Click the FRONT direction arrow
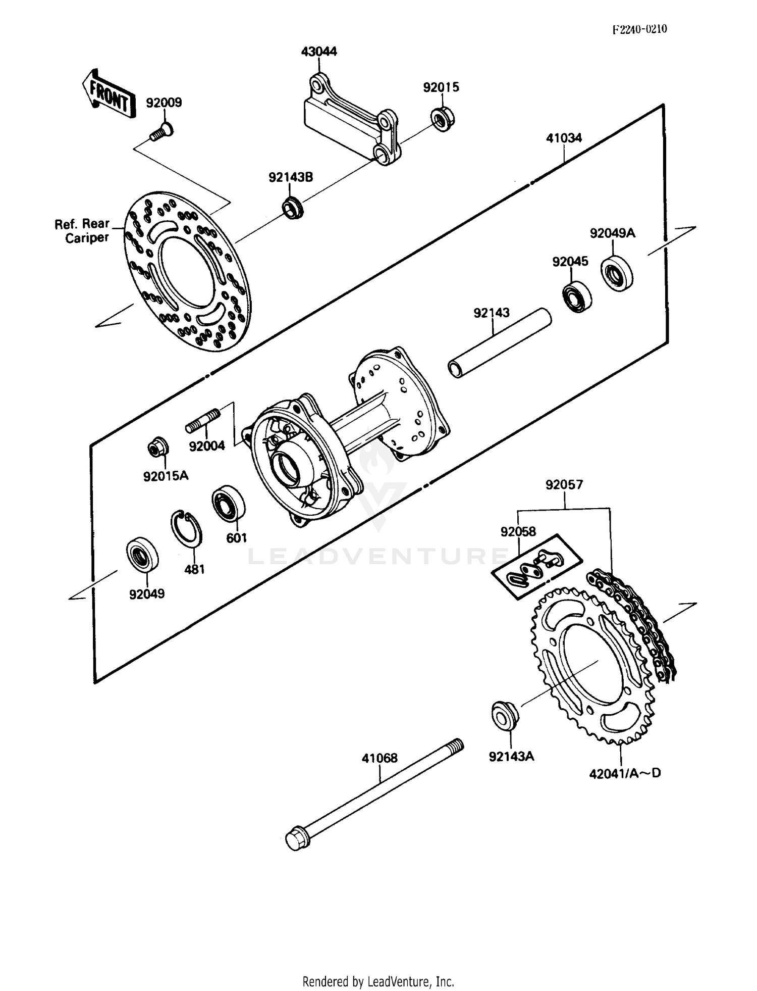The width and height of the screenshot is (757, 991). (x=109, y=92)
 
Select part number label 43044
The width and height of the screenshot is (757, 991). (x=319, y=52)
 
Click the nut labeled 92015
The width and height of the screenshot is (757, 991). (x=443, y=120)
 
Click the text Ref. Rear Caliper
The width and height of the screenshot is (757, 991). (x=82, y=231)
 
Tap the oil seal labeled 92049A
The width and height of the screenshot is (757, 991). (x=617, y=273)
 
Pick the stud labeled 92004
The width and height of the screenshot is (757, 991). (x=203, y=421)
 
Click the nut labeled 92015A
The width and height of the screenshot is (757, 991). (x=157, y=448)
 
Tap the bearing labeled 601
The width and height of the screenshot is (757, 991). (x=229, y=503)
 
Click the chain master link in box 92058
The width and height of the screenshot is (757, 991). (x=536, y=567)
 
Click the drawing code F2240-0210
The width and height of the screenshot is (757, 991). (x=639, y=29)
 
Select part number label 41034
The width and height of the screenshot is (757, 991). (x=564, y=138)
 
